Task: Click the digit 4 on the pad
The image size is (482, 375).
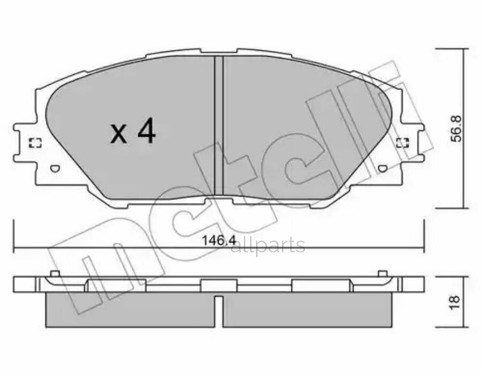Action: point(146,132)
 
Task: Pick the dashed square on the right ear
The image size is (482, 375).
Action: point(402,142)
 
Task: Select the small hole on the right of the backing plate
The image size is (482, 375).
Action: point(381,169)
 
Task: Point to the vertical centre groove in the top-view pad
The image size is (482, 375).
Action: point(218,126)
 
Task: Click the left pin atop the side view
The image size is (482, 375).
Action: point(54,274)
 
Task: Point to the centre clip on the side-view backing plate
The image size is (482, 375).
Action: point(219,286)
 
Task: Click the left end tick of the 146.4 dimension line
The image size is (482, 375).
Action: point(14,236)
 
